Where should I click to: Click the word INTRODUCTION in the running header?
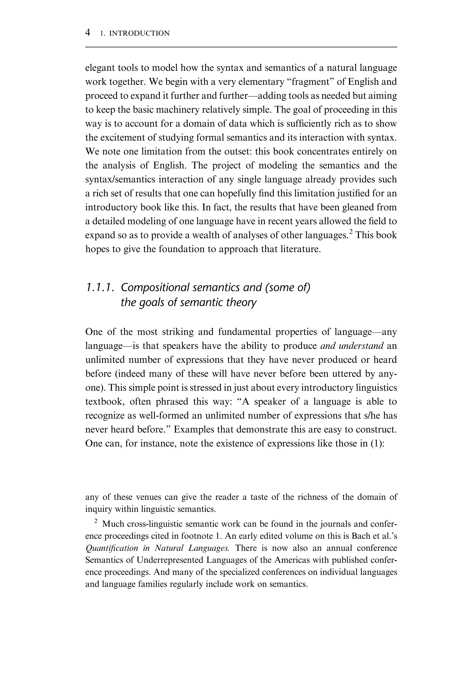139,33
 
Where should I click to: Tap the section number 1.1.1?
99,288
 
